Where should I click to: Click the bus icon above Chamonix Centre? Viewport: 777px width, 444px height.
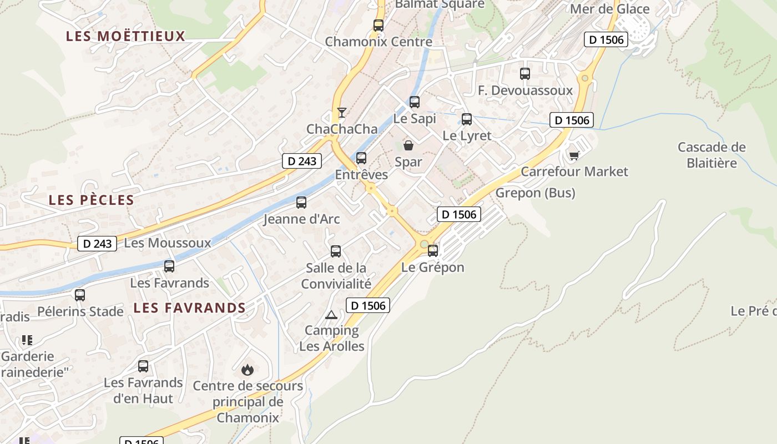pyautogui.click(x=379, y=25)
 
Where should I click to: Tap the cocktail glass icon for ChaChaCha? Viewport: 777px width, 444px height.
pyautogui.click(x=342, y=113)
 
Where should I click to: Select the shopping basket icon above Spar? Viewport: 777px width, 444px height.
pyautogui.click(x=408, y=145)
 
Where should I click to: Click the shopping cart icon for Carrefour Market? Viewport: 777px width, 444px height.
pyautogui.click(x=574, y=155)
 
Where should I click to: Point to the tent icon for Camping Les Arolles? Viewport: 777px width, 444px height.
pyautogui.click(x=331, y=315)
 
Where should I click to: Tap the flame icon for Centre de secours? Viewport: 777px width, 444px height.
pyautogui.click(x=248, y=369)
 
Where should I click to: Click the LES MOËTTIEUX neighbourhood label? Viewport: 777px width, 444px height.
pyautogui.click(x=125, y=36)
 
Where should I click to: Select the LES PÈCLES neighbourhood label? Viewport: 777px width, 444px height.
pyautogui.click(x=92, y=200)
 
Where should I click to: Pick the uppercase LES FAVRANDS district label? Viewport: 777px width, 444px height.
pyautogui.click(x=190, y=307)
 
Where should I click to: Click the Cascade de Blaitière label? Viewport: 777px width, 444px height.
pyautogui.click(x=712, y=155)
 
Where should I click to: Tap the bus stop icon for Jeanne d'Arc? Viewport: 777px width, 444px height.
pyautogui.click(x=301, y=203)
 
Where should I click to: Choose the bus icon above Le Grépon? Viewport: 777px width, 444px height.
pyautogui.click(x=433, y=250)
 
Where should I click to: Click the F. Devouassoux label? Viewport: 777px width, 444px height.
pyautogui.click(x=525, y=90)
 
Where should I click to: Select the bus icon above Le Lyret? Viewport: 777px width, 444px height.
pyautogui.click(x=467, y=119)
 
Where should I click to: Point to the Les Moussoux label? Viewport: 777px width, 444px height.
pyautogui.click(x=168, y=243)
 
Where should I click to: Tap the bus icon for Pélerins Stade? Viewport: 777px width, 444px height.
pyautogui.click(x=80, y=295)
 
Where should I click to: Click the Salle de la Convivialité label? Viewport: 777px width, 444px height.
pyautogui.click(x=336, y=276)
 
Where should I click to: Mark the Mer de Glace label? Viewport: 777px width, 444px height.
pyautogui.click(x=610, y=9)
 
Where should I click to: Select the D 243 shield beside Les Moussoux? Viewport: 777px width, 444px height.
pyautogui.click(x=97, y=243)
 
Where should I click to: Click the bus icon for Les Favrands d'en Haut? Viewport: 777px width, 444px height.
pyautogui.click(x=143, y=366)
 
